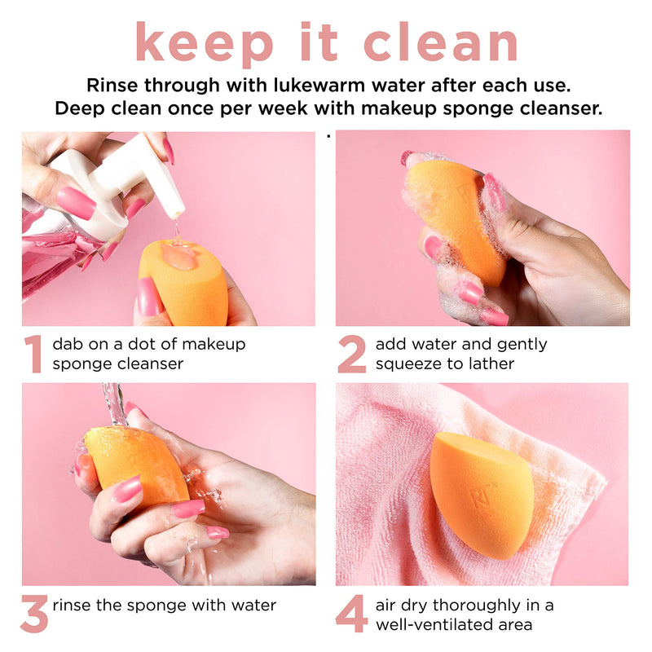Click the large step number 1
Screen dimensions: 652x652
33,354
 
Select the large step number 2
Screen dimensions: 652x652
352,354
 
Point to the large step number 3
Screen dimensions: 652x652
34,615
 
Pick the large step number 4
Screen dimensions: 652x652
352,615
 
